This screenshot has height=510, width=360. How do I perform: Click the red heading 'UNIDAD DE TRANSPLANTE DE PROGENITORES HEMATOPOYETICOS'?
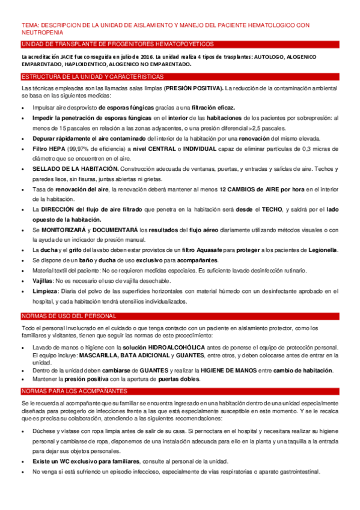click(117, 45)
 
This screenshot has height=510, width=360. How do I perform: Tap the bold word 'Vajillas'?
click(43, 280)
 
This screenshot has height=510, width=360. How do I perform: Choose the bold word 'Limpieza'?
click(45, 290)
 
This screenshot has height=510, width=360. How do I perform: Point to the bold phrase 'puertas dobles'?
click(178, 379)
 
